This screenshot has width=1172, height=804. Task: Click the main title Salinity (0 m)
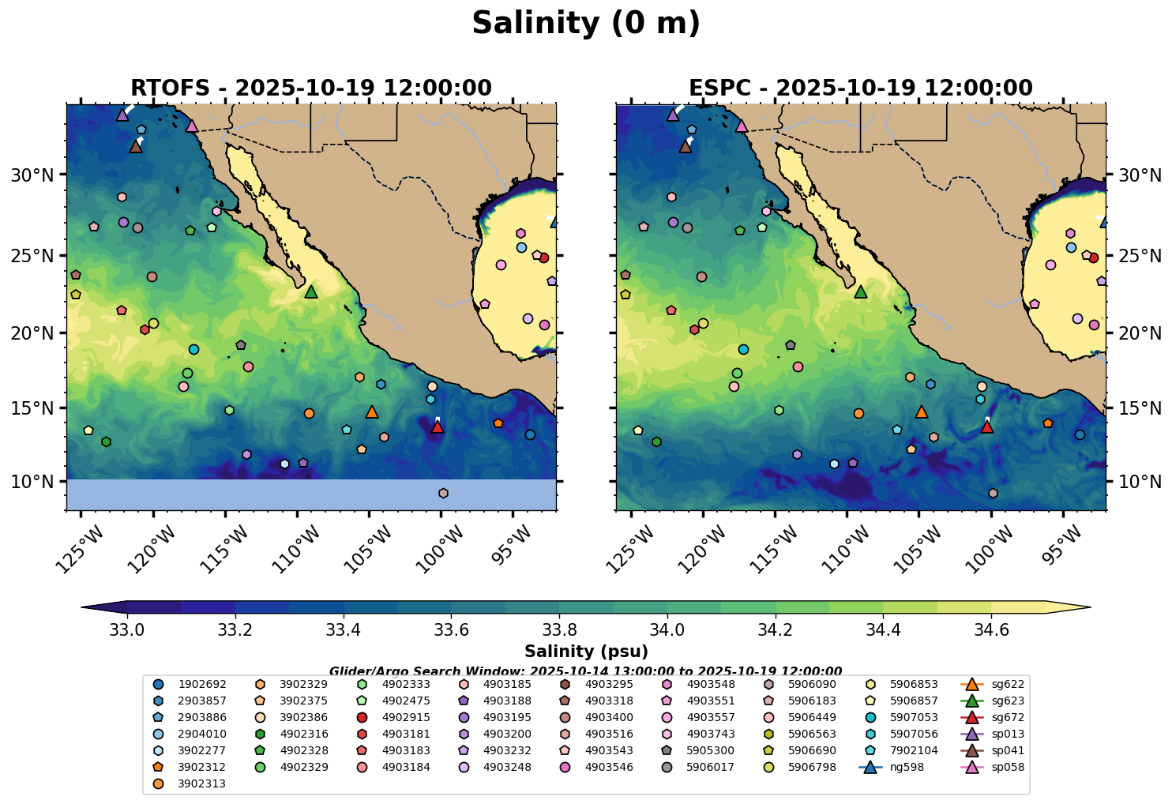tap(585, 24)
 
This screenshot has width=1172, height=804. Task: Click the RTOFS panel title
tap(310, 88)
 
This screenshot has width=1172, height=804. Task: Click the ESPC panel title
tap(860, 88)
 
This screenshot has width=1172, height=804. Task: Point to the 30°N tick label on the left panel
tap(32, 175)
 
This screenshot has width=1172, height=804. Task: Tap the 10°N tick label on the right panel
tap(1140, 482)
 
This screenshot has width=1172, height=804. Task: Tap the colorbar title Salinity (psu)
tap(586, 652)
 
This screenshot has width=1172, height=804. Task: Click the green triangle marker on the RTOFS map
tap(311, 292)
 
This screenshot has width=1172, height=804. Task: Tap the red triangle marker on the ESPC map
tap(986, 427)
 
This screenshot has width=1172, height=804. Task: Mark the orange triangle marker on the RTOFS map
tap(372, 412)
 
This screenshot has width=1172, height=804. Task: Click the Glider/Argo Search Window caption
tap(585, 671)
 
